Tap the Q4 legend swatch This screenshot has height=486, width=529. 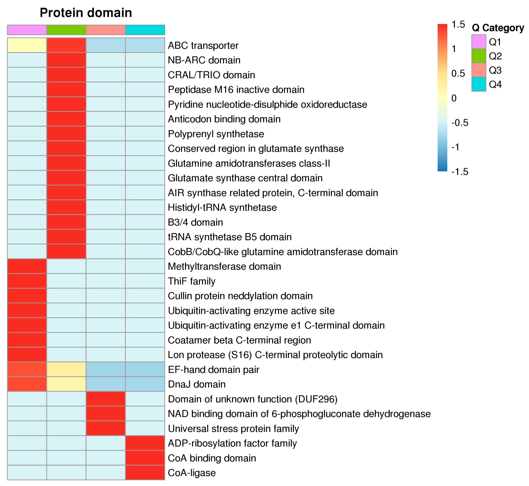(478, 84)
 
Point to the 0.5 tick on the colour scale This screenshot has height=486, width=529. (458, 73)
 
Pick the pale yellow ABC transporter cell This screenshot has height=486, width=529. (27, 45)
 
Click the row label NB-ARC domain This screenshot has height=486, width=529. (204, 60)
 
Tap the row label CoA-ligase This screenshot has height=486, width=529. (192, 473)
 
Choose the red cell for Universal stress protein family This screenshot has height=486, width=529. (106, 428)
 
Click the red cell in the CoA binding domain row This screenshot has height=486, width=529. (145, 458)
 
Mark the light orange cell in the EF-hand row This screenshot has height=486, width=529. (66, 370)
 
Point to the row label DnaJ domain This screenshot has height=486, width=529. (197, 384)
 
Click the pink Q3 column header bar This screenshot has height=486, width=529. (106, 30)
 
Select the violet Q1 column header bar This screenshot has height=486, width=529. (27, 30)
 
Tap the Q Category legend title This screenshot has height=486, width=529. (498, 28)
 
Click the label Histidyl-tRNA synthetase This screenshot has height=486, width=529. (222, 207)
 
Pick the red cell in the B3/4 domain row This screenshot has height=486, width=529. (66, 222)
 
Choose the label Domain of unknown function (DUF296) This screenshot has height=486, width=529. (253, 399)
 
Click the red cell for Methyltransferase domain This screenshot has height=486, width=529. (27, 266)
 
